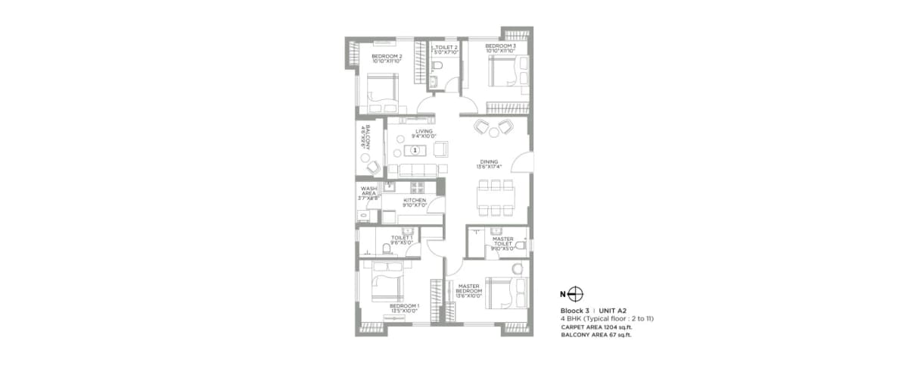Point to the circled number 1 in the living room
pyautogui.click(x=415, y=150)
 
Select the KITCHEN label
pyautogui.click(x=414, y=202)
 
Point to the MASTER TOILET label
pyautogui.click(x=503, y=243)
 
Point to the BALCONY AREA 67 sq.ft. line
pyautogui.click(x=596, y=334)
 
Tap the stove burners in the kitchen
pyautogui.click(x=418, y=186)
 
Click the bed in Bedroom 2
pyautogui.click(x=384, y=92)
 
